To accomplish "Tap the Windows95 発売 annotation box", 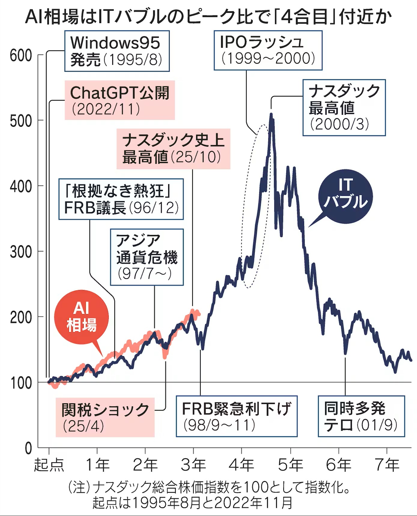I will [x=117, y=51].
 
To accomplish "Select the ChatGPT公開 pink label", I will [x=120, y=100].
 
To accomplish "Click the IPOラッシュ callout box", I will [x=268, y=50].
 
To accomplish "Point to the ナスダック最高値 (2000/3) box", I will [x=344, y=108].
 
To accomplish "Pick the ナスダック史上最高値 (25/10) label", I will [x=173, y=149].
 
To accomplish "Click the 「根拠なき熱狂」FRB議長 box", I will [x=121, y=199].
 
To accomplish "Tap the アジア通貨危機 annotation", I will [x=147, y=257].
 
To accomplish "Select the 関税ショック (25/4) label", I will [x=105, y=417].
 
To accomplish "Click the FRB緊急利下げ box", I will [x=236, y=416].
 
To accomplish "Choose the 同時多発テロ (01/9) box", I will [x=361, y=416].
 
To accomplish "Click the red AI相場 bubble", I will [x=81, y=317].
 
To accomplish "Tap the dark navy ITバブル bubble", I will [x=345, y=196].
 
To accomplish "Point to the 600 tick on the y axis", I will [x=21, y=56].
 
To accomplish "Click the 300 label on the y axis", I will [x=21, y=252].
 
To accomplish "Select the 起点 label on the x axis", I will [x=49, y=465].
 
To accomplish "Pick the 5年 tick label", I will [x=290, y=465].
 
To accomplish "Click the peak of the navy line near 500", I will [x=271, y=114].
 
